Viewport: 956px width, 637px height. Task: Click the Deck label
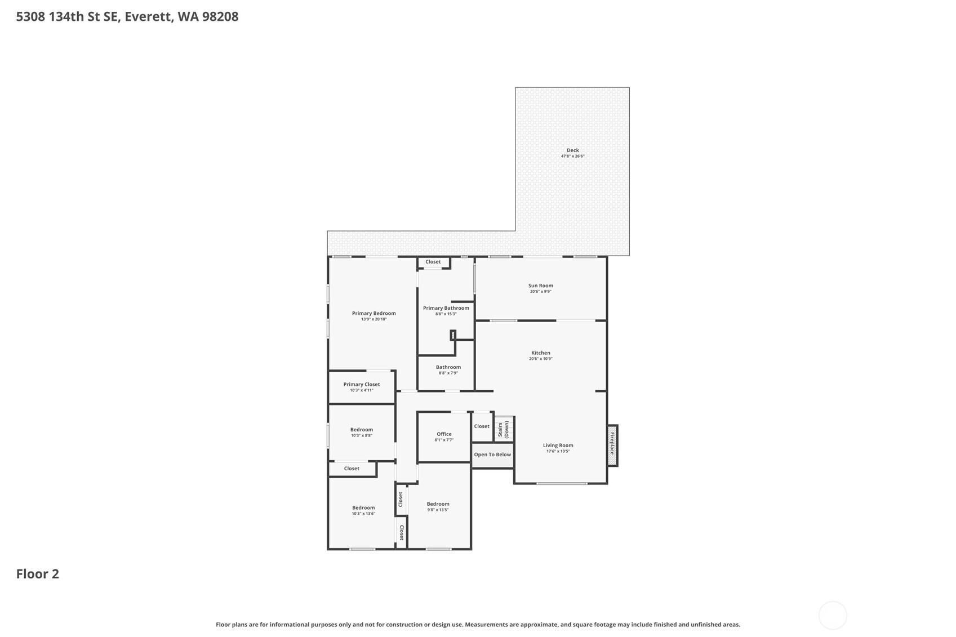click(573, 150)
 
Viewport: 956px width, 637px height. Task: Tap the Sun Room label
click(541, 286)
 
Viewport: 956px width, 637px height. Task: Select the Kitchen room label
click(541, 353)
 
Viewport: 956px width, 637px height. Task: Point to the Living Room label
click(558, 446)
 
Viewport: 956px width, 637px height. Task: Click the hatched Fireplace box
click(612, 446)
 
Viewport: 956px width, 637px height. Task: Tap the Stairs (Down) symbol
click(504, 429)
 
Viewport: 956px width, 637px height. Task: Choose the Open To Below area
click(492, 455)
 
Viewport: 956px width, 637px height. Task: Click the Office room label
click(444, 434)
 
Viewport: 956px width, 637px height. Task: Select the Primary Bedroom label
click(374, 313)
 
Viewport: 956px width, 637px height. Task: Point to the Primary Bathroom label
click(446, 308)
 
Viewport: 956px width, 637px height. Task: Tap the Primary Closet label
click(362, 385)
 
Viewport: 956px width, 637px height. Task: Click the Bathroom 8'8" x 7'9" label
click(448, 369)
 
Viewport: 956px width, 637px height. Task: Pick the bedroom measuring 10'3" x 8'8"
click(362, 432)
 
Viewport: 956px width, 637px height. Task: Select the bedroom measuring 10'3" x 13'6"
click(363, 510)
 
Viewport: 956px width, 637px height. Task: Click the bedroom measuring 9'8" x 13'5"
click(438, 506)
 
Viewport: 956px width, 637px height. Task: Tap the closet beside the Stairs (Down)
click(482, 426)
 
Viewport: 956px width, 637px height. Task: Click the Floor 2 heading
click(38, 574)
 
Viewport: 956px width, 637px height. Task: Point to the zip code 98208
click(220, 17)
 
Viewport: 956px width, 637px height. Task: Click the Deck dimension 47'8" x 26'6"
click(573, 156)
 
